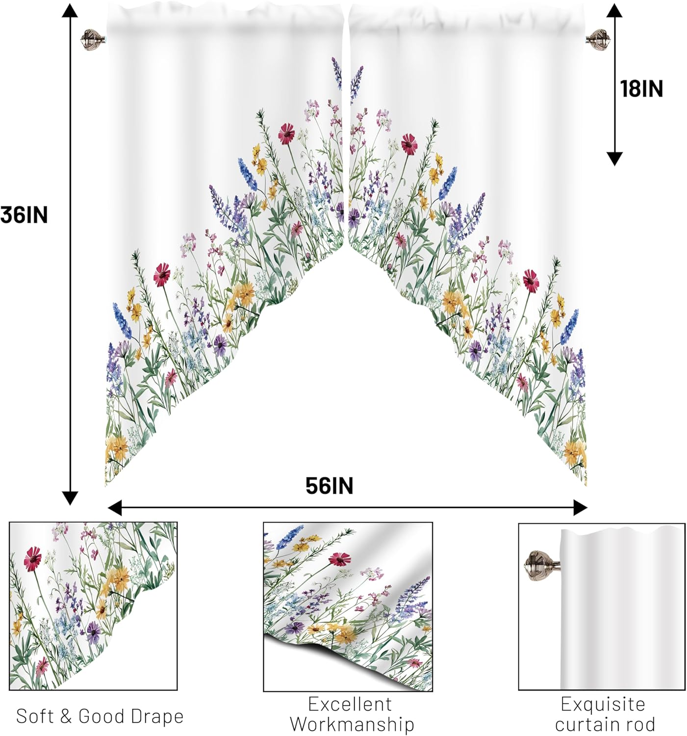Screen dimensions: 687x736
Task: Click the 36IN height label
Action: pyautogui.click(x=24, y=215)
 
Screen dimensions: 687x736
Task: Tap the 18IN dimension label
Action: pyautogui.click(x=641, y=89)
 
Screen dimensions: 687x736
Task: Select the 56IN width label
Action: pyautogui.click(x=329, y=486)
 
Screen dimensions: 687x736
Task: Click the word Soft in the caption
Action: pyautogui.click(x=35, y=716)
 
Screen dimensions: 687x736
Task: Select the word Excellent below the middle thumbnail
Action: pyautogui.click(x=350, y=704)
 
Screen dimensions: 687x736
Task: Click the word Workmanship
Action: pyautogui.click(x=352, y=724)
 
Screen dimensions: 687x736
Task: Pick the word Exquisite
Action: pyautogui.click(x=603, y=704)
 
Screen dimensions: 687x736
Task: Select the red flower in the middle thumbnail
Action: pyautogui.click(x=339, y=559)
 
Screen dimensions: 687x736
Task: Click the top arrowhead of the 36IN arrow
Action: pyautogui.click(x=70, y=10)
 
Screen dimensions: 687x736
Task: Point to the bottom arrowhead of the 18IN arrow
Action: pyautogui.click(x=614, y=159)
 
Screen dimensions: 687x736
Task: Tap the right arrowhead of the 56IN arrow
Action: pyautogui.click(x=581, y=508)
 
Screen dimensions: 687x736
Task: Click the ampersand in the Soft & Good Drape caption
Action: pyautogui.click(x=66, y=716)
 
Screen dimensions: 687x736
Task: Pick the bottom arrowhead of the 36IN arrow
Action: pyautogui.click(x=70, y=499)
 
